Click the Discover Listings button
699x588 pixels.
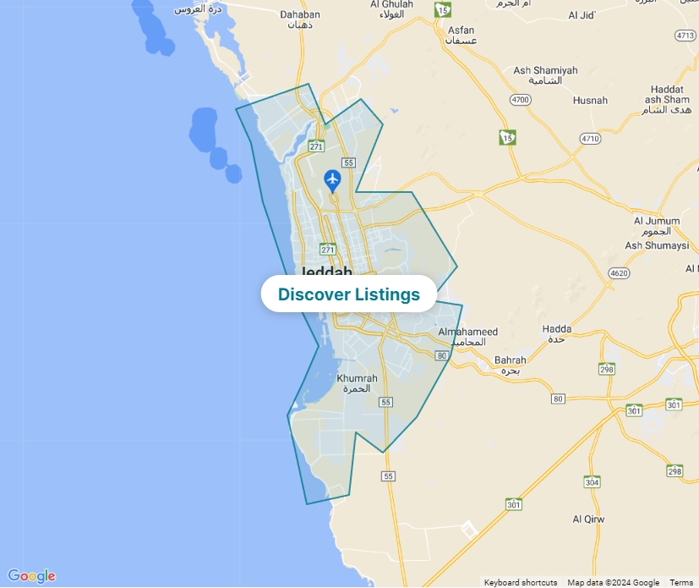(348, 294)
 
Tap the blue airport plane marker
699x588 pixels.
(332, 179)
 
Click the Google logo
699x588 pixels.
(31, 576)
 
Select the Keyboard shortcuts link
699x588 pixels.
(520, 582)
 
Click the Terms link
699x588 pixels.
(681, 582)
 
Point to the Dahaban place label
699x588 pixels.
(300, 14)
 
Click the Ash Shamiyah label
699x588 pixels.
(545, 71)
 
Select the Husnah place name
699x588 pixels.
(590, 101)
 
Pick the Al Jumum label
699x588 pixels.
(657, 222)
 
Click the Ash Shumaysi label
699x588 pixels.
(657, 245)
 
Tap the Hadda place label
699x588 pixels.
(557, 329)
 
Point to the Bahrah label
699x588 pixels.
(510, 360)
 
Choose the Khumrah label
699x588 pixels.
(357, 378)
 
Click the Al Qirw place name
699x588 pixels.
(588, 519)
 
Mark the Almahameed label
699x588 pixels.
(468, 332)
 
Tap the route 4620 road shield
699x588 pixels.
(620, 273)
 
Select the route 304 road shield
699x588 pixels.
(593, 482)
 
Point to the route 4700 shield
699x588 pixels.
(520, 100)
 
